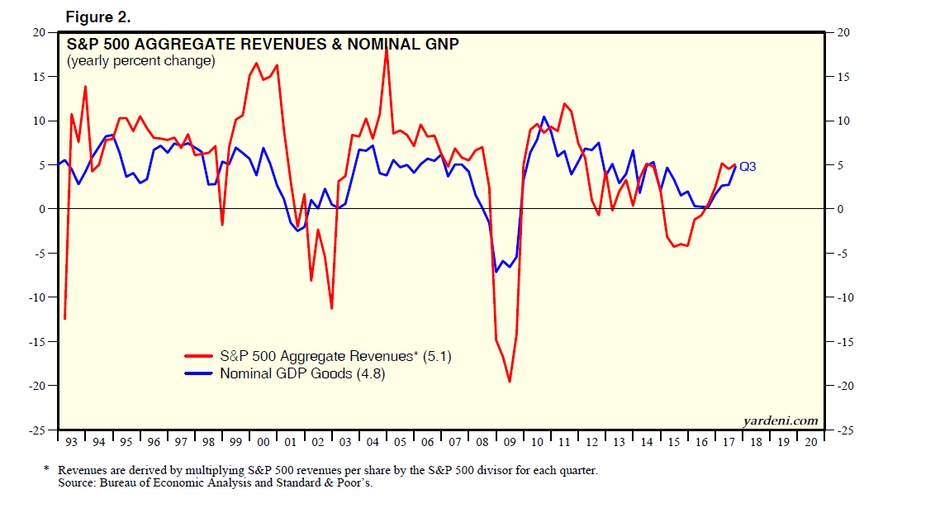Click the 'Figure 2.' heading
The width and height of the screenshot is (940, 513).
click(97, 16)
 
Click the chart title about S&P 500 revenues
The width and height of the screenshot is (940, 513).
click(263, 45)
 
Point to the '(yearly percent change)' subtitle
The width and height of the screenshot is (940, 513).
click(140, 61)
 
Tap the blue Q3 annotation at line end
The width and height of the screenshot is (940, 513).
click(748, 166)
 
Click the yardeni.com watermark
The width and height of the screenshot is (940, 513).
click(781, 420)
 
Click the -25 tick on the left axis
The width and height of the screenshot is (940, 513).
click(36, 430)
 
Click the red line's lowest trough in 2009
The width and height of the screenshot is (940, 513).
click(510, 381)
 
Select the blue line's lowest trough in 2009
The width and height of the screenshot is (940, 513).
click(496, 271)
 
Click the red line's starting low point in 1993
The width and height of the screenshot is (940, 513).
click(64, 318)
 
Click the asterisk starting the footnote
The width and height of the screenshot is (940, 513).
click(46, 469)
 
